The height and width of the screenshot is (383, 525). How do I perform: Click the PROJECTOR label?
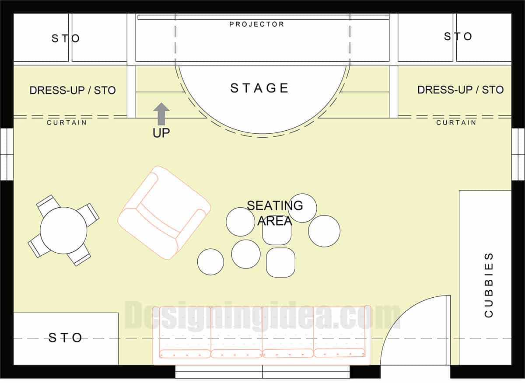coord(257,24)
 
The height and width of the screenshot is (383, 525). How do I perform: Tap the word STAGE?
coord(259,88)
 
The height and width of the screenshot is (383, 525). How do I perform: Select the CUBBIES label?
coord(489,285)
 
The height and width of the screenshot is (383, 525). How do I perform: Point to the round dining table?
coord(63,230)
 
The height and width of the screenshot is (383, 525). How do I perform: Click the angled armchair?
coord(164,212)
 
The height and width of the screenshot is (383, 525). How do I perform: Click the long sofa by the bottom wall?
coord(262,335)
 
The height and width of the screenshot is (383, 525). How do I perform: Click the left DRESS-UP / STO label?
coord(73,91)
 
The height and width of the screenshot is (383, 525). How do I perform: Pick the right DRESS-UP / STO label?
coord(460,90)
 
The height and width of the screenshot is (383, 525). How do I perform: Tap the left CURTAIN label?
coord(66,123)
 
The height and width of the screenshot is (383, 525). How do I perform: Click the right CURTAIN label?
coord(456,123)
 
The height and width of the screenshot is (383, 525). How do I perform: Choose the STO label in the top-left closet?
coord(66,38)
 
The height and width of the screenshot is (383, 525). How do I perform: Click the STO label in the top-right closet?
coord(458,36)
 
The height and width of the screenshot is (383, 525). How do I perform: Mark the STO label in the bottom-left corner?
coord(65,338)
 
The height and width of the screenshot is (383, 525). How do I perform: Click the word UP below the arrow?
coord(161,133)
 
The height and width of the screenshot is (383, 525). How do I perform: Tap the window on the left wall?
coord(7,154)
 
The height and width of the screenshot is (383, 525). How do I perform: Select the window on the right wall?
coord(518,154)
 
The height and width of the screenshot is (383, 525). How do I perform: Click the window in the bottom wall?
coord(262,372)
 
